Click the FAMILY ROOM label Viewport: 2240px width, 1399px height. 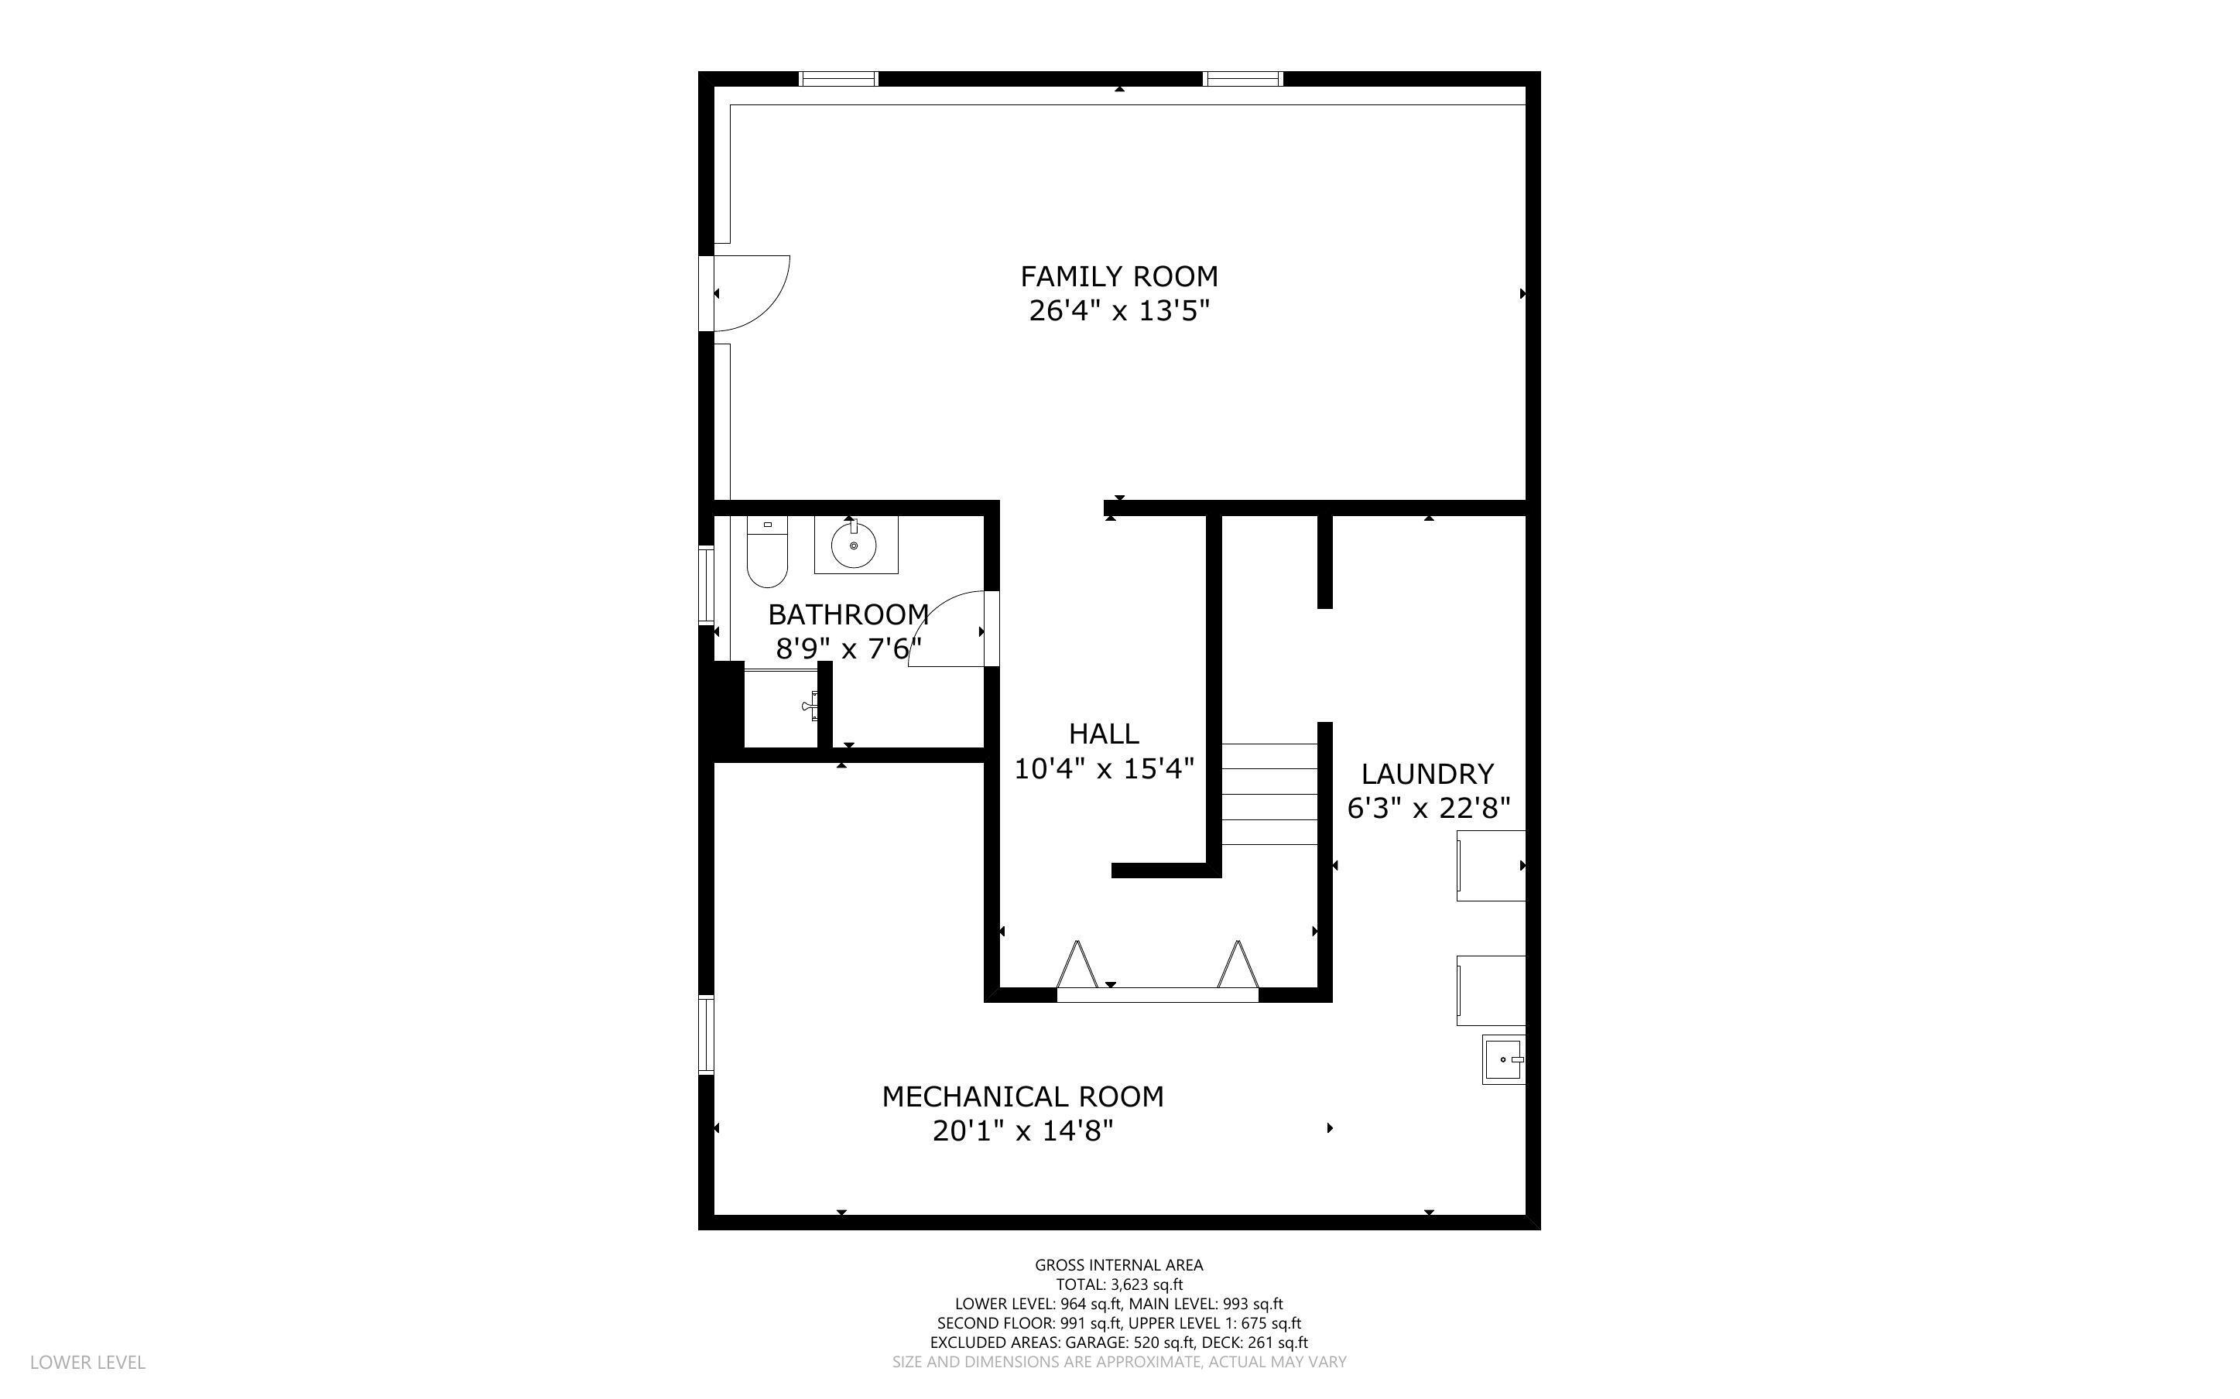1118,277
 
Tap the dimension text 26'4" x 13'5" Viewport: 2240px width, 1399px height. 1118,311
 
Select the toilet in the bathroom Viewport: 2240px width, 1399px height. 766,553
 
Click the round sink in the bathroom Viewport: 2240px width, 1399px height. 853,546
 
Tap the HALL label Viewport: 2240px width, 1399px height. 1103,734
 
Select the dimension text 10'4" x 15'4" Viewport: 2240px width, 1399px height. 1103,769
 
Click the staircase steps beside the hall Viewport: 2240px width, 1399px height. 1269,794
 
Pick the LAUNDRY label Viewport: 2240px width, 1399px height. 1427,774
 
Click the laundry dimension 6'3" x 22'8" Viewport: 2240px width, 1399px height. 1427,809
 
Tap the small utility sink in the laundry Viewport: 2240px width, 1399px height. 1503,1059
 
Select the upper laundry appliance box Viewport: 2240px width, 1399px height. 1491,865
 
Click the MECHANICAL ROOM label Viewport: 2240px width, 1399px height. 1022,1096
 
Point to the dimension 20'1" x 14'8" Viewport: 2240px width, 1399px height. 1022,1130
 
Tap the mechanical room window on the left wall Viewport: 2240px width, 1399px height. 706,1035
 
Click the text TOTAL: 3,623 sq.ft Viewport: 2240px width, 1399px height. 1118,1284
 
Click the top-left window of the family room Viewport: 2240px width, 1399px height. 837,79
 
